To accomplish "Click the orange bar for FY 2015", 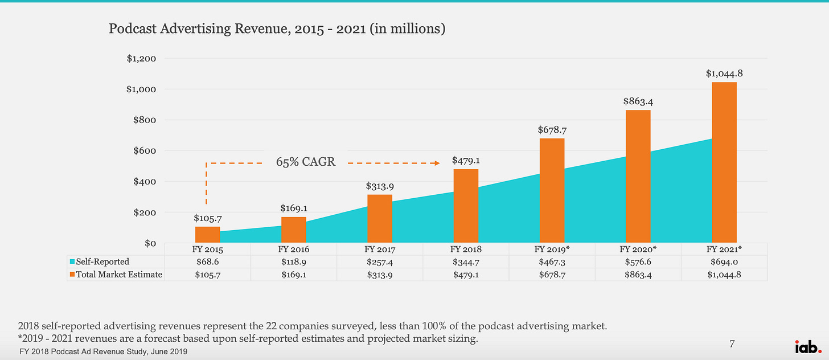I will pos(207,235).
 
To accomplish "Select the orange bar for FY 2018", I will pos(466,206).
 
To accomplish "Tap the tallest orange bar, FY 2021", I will pos(724,162).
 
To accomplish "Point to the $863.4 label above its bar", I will pos(638,101).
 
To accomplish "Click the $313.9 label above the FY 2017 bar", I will pos(380,186).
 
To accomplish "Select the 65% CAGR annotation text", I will pos(306,162).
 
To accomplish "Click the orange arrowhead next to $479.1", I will pos(437,163).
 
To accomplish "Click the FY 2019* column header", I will pos(552,249).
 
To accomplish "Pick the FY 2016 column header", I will pos(294,249).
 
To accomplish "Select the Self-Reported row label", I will pos(103,262).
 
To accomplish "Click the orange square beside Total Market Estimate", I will pos(72,275).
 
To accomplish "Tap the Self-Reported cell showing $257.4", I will pos(380,262).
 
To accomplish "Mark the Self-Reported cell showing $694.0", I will pos(724,262).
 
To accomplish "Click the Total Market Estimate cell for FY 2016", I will pos(294,275).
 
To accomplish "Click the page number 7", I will pos(733,343).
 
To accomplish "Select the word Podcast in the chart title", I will pos(130,28).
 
